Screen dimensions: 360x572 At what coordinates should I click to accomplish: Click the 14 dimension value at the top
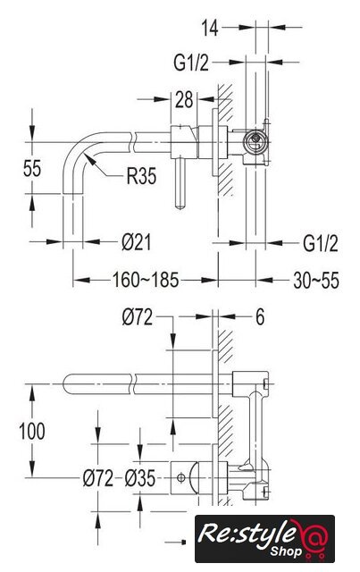point(210,28)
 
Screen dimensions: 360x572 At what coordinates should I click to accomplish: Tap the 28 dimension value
point(184,100)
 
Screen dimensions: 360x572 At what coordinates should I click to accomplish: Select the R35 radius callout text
point(141,176)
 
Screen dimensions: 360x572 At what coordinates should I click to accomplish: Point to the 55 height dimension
point(32,168)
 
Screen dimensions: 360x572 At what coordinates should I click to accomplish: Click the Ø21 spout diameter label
point(137,242)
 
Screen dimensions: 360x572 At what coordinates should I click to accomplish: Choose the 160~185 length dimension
point(146,280)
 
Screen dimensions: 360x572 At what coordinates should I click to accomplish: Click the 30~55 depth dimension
point(316,281)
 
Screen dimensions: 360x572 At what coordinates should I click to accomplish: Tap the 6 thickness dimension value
point(260,317)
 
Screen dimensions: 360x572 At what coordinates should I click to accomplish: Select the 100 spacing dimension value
point(32,431)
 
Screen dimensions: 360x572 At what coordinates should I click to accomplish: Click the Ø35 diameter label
point(140,478)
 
